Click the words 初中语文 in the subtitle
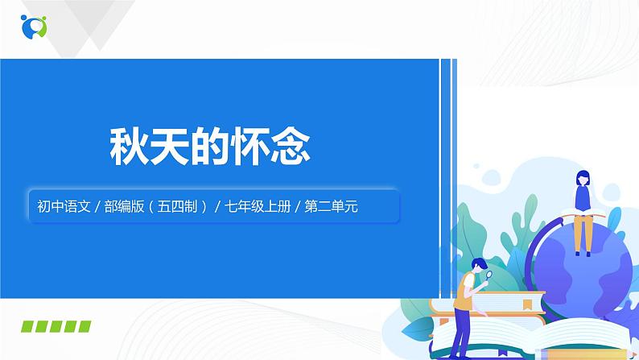(x=59, y=205)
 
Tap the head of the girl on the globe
(x=580, y=179)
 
